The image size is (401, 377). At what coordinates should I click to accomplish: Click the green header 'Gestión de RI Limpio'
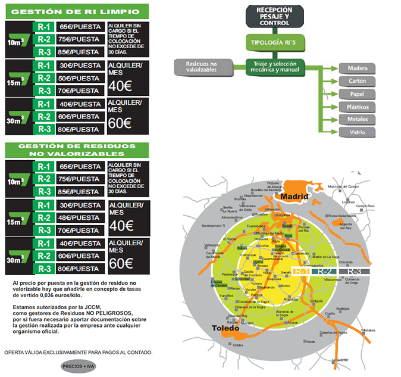click(76, 11)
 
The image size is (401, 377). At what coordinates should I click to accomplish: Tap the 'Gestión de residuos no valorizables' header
click(76, 151)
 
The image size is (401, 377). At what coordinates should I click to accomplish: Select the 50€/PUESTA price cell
click(80, 78)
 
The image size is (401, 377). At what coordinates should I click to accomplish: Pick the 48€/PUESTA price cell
click(80, 218)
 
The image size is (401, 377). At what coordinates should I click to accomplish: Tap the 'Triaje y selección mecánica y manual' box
click(275, 67)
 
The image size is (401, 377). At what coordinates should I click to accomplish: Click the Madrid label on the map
click(296, 197)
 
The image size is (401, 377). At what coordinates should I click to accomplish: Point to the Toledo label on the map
click(227, 329)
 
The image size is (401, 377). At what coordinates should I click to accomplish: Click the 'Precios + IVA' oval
click(79, 365)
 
